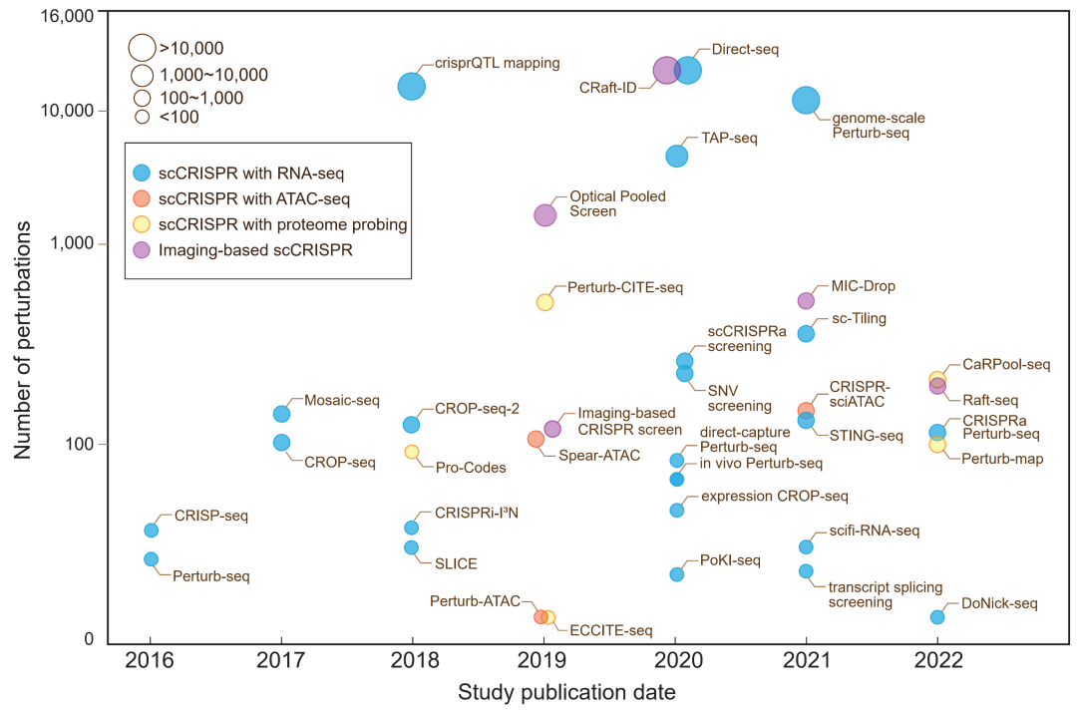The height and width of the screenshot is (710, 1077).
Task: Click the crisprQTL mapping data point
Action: [x=411, y=87]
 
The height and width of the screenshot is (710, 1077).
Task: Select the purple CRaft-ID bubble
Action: [x=666, y=70]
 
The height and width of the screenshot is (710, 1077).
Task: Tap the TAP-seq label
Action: [x=729, y=138]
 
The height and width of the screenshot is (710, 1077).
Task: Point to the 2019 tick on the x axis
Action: [x=543, y=660]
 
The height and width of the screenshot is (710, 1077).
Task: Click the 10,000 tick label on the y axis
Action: [x=66, y=110]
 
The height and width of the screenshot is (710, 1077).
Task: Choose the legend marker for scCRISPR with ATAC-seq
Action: [x=142, y=198]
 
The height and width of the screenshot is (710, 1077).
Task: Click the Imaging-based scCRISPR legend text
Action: [x=255, y=250]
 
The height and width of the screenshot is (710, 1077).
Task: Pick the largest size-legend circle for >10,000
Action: [x=142, y=47]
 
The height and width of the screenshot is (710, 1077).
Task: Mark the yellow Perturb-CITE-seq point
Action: [x=544, y=302]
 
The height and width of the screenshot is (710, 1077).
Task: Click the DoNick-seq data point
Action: [x=937, y=617]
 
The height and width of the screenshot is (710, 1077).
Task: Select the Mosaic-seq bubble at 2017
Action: [x=281, y=414]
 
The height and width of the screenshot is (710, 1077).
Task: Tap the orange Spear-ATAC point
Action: [x=536, y=439]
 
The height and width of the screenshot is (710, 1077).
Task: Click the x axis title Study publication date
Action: [x=566, y=691]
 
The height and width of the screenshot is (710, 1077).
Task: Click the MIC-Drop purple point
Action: [x=806, y=300]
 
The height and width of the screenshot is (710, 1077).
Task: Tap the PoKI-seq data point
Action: [x=676, y=574]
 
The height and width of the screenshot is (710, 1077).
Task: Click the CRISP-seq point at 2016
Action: [x=151, y=531]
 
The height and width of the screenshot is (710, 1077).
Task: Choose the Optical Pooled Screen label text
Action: [x=606, y=203]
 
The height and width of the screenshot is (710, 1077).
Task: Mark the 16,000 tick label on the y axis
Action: [x=66, y=17]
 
